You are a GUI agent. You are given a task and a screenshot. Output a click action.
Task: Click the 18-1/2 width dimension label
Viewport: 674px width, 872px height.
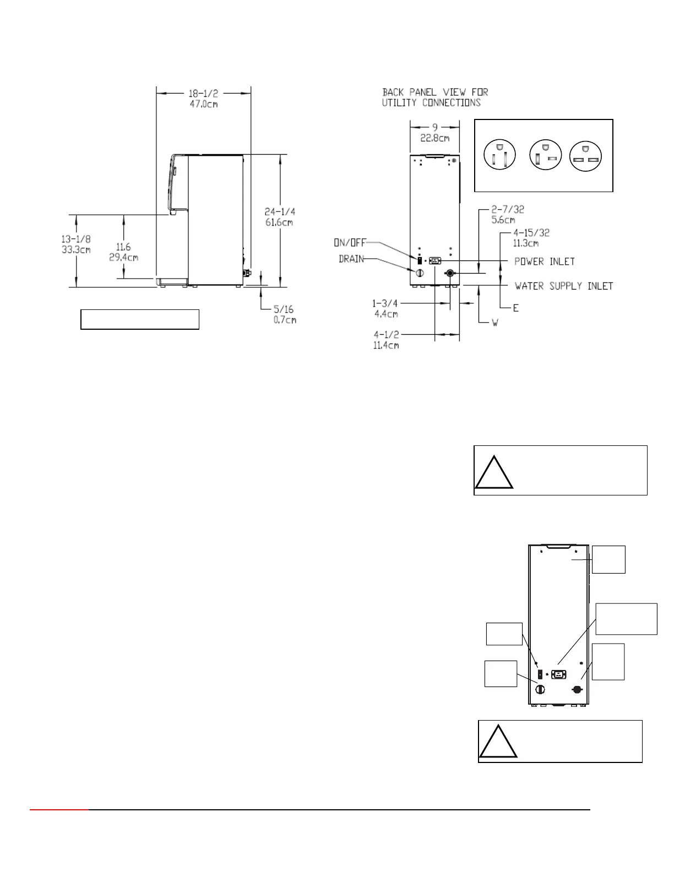click(204, 94)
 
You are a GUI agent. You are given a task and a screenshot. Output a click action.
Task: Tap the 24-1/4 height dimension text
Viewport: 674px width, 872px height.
click(280, 211)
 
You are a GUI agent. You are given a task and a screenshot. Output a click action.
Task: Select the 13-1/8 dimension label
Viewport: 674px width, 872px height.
click(76, 239)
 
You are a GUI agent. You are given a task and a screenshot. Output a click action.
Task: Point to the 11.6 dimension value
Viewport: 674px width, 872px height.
click(123, 247)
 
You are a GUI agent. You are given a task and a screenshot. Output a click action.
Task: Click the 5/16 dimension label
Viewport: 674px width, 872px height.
click(284, 309)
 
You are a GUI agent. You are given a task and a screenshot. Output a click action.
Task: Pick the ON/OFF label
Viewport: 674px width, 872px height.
click(350, 243)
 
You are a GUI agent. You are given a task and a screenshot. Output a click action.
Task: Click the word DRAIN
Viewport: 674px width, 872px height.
click(351, 259)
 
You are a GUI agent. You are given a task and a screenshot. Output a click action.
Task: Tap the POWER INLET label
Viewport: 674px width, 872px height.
click(545, 261)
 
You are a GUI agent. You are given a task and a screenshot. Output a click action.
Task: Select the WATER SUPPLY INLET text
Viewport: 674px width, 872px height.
click(564, 286)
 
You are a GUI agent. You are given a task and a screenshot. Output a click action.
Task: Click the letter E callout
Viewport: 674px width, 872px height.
click(516, 308)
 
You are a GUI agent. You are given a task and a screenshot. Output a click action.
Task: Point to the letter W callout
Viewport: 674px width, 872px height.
click(495, 323)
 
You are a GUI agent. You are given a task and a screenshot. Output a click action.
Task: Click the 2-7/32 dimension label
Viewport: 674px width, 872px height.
click(508, 210)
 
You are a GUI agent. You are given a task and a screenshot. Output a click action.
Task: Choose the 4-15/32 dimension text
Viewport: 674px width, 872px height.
click(531, 233)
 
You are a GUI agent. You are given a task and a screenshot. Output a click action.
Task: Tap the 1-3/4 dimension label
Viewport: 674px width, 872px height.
click(384, 303)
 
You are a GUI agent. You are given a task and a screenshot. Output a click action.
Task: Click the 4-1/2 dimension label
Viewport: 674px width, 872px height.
click(386, 335)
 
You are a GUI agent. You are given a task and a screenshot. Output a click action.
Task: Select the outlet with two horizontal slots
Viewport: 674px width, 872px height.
click(585, 156)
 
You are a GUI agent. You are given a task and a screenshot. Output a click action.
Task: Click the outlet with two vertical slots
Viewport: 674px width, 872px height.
click(499, 155)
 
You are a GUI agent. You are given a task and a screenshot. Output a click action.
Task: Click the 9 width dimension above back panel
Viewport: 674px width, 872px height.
click(435, 128)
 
